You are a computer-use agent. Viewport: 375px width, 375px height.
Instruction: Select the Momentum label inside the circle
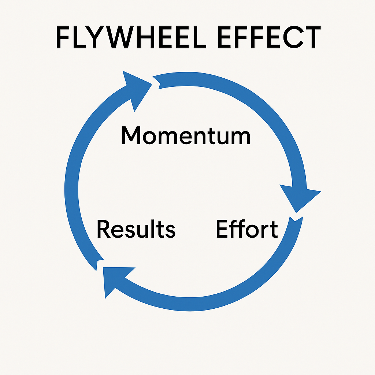[186, 135]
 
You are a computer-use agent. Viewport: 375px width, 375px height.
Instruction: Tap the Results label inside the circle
[136, 229]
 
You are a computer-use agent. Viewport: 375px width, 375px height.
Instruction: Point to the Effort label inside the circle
[246, 229]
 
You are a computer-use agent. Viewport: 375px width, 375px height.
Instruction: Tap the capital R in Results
[103, 229]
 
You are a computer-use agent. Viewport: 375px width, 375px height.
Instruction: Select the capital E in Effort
[221, 229]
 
